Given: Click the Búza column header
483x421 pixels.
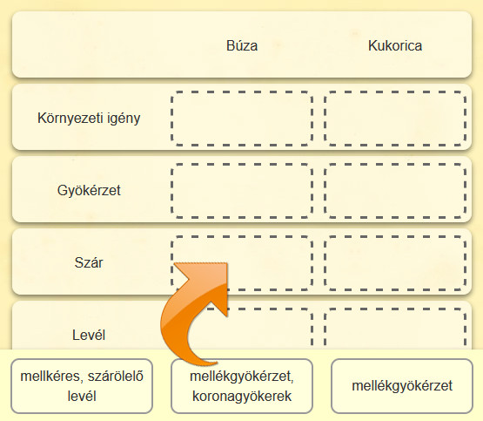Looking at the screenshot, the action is [x=242, y=45].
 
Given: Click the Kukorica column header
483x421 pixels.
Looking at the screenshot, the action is [x=395, y=45].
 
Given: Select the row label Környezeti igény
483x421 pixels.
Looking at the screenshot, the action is [x=89, y=119].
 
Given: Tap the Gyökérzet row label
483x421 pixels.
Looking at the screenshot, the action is [x=89, y=190].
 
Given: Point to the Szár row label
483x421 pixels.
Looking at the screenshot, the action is [x=89, y=262].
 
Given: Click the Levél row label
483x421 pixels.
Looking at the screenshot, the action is [x=89, y=335].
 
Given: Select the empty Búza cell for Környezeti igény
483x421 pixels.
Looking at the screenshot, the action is [x=242, y=119].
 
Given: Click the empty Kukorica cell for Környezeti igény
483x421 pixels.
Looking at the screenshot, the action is [x=395, y=119].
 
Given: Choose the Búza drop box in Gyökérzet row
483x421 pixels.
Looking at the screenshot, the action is [x=242, y=191].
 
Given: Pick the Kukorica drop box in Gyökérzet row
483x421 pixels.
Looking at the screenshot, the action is [x=395, y=191].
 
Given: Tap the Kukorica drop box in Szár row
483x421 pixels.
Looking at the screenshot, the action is [x=395, y=263].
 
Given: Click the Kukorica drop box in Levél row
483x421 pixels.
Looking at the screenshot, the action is [x=395, y=329].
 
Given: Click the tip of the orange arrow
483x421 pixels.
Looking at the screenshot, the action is [x=227, y=263].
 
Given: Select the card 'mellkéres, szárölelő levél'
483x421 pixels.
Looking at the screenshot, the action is [x=82, y=386].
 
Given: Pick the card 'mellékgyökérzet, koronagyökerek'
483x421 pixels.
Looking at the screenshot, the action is [x=242, y=386].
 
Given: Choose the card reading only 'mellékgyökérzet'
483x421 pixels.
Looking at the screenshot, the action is [x=402, y=386].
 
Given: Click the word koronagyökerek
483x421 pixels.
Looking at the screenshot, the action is [x=242, y=397].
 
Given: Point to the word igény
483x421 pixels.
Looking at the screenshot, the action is [x=124, y=119].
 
